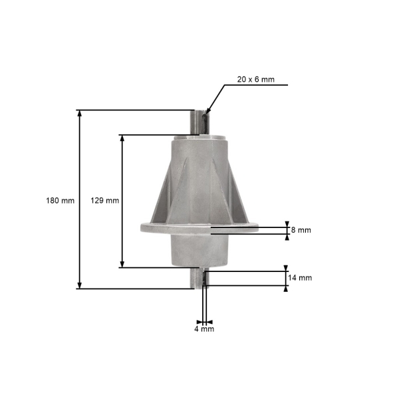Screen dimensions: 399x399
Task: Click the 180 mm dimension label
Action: (60, 201)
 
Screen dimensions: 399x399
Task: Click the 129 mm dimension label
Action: (105, 201)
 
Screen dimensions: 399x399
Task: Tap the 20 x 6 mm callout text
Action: (256, 79)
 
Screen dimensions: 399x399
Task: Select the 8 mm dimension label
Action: (301, 230)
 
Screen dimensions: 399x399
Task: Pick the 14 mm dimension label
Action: (300, 277)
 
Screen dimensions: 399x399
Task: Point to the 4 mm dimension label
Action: (204, 329)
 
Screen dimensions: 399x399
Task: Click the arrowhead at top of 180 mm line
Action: (80, 113)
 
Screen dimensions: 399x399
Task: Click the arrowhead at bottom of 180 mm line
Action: (80, 285)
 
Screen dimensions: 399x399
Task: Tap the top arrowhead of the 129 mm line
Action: (122, 138)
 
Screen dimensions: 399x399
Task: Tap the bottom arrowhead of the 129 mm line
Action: (122, 265)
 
